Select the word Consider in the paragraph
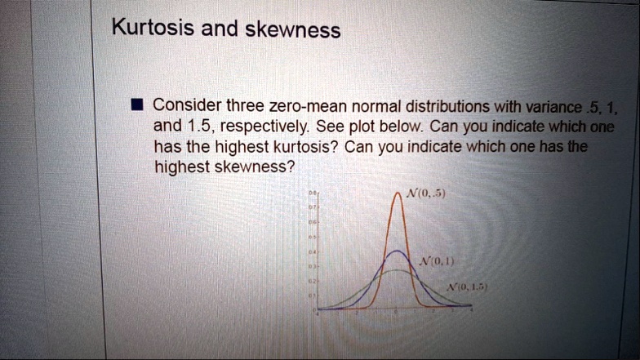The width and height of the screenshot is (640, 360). tap(187, 105)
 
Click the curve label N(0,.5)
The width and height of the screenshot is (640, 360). tap(424, 194)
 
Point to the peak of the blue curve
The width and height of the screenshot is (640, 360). tap(395, 251)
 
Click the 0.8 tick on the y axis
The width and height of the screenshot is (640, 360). tap(311, 193)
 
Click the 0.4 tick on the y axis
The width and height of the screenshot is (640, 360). tap(311, 252)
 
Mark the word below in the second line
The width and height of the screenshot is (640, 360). tap(400, 127)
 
